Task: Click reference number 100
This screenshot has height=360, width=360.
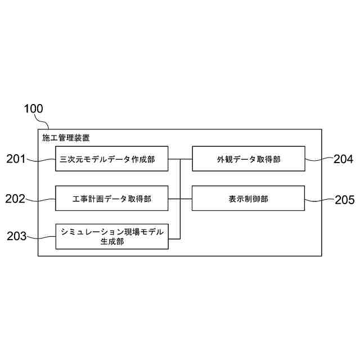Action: (33, 109)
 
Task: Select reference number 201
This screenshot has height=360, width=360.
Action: (16, 159)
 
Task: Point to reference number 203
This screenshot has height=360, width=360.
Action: (16, 236)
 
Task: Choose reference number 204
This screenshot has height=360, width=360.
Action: (344, 159)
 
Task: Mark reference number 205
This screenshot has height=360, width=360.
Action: (344, 199)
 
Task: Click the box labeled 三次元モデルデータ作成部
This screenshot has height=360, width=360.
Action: (112, 159)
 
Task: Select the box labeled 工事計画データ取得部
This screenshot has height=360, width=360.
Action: (112, 199)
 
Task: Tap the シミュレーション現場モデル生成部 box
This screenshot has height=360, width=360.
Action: (112, 236)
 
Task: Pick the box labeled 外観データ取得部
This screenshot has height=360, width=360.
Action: (249, 159)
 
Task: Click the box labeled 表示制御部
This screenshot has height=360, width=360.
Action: (249, 199)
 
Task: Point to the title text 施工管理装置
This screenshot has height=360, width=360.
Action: (66, 137)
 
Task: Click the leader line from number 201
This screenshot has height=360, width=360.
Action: (41, 160)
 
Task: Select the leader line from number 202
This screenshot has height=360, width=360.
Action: (41, 199)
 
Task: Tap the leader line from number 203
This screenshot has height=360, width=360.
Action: (41, 237)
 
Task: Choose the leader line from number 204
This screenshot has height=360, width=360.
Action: (319, 160)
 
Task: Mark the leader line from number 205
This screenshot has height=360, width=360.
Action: (319, 199)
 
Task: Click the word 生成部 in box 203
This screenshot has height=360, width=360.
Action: (112, 242)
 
